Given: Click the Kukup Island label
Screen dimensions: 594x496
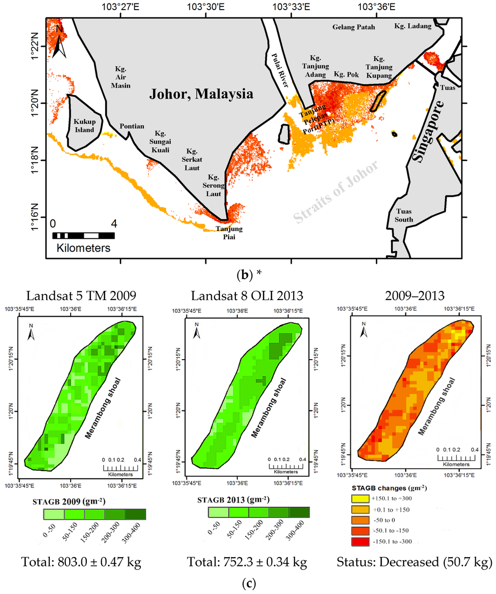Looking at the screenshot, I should click(84, 125).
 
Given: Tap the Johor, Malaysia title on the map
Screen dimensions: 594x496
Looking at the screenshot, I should click(201, 94).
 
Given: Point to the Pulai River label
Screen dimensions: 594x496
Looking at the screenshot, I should click(279, 70).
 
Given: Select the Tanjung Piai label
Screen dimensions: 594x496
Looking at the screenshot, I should click(229, 233).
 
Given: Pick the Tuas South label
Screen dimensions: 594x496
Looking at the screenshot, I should click(403, 215).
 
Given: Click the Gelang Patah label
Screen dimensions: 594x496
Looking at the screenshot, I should click(354, 27).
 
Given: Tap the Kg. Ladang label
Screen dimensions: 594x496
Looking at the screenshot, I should click(413, 26).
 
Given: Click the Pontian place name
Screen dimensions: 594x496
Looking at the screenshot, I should click(132, 126).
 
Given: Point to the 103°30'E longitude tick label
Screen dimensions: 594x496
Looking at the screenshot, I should click(206, 7).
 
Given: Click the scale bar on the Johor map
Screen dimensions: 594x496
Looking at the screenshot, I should click(83, 236).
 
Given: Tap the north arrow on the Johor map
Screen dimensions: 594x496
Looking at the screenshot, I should click(59, 42).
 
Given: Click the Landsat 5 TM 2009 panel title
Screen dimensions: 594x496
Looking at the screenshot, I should click(81, 295).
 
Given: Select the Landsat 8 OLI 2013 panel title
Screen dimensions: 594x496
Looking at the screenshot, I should click(247, 295).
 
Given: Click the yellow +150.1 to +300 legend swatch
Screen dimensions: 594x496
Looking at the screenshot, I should click(358, 498).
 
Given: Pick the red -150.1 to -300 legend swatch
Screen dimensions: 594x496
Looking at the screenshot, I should click(358, 541).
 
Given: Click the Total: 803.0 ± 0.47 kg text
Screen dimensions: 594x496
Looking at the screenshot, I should click(81, 562).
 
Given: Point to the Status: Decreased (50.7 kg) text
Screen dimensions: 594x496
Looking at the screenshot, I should click(414, 562).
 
